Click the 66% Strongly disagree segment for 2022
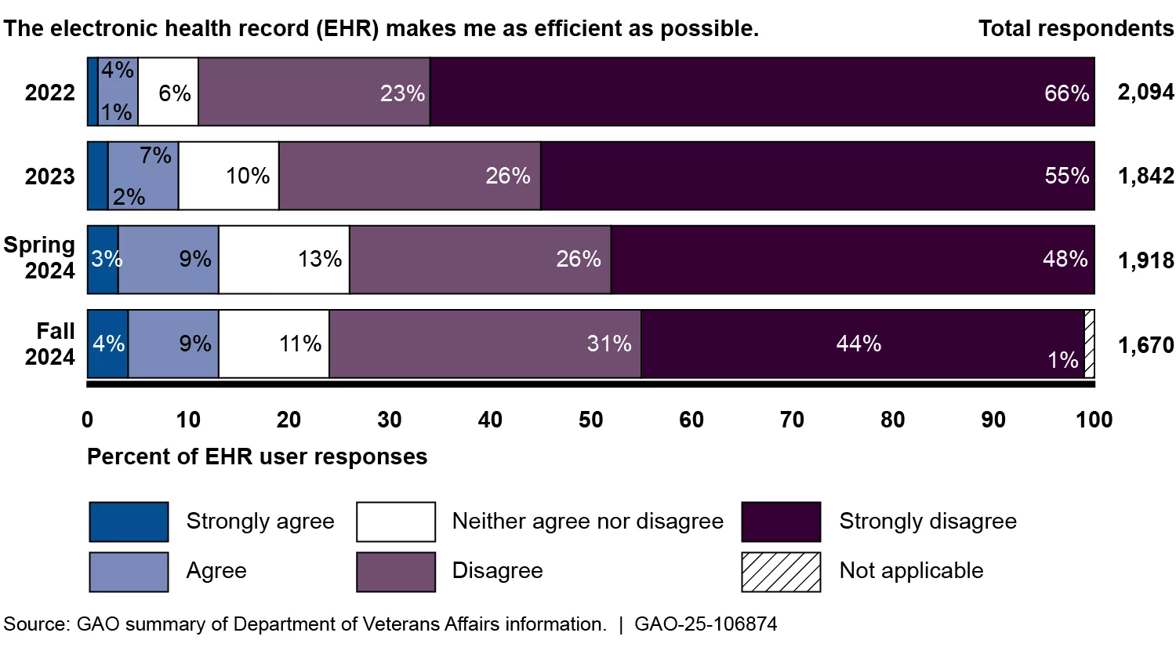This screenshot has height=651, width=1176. coord(762,92)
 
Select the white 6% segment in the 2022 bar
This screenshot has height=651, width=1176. coord(168,92)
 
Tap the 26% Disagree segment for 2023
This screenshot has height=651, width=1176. coord(410,176)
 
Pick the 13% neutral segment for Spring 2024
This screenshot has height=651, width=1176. coord(284,260)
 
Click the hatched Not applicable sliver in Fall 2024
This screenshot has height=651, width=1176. coord(1090,344)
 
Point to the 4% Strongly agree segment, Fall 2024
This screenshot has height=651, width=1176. coord(107,344)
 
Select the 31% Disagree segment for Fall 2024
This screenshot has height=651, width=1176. coord(485,344)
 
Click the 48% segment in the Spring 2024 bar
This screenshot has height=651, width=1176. coord(852,260)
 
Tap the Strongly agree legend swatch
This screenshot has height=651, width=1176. coord(129,522)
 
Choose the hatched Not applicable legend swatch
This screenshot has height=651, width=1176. coord(781,571)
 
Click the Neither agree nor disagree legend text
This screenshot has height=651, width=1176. coord(587,522)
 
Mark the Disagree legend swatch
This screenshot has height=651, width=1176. coord(395,571)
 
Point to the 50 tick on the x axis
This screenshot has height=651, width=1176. coord(591,420)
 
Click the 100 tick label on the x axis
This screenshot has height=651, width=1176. coord(1094,420)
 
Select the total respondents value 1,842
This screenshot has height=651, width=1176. coord(1145,176)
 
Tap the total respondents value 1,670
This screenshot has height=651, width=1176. coord(1145,345)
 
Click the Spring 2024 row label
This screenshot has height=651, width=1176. coord(39,258)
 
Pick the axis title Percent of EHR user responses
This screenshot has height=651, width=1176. coord(257,457)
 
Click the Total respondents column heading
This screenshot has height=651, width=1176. coord(1076,29)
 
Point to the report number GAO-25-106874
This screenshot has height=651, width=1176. coord(706,624)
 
